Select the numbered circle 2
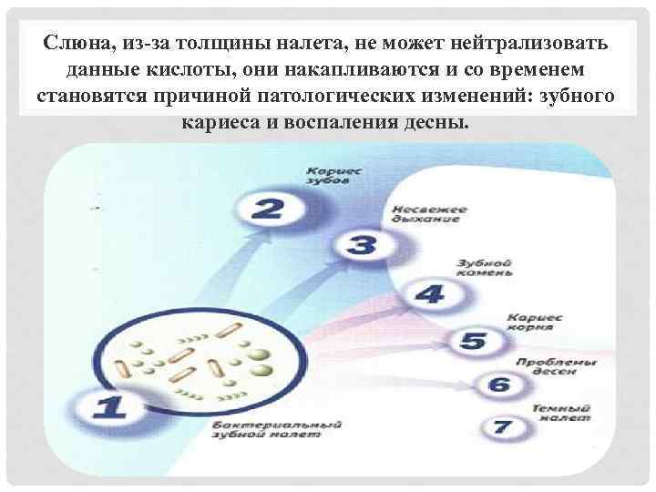pyautogui.click(x=267, y=207)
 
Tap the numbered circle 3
pyautogui.click(x=363, y=245)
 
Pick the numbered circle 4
pyautogui.click(x=429, y=294)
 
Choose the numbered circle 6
pyautogui.click(x=498, y=384)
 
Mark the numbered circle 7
pyautogui.click(x=500, y=426)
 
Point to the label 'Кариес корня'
pyautogui.click(x=534, y=321)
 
